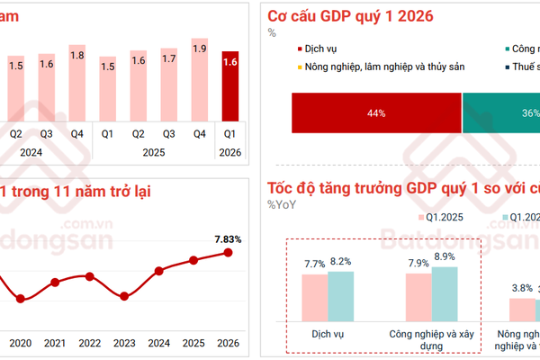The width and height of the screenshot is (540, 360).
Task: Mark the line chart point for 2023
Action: tap(124, 297)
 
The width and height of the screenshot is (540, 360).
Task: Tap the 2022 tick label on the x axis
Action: tap(89, 343)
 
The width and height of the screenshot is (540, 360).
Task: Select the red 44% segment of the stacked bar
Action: tap(375, 112)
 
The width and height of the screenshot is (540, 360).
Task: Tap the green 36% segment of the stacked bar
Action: tap(500, 112)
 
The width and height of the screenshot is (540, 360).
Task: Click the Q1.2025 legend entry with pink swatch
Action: tap(440, 217)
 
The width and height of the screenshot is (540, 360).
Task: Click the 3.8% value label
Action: tap(522, 288)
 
